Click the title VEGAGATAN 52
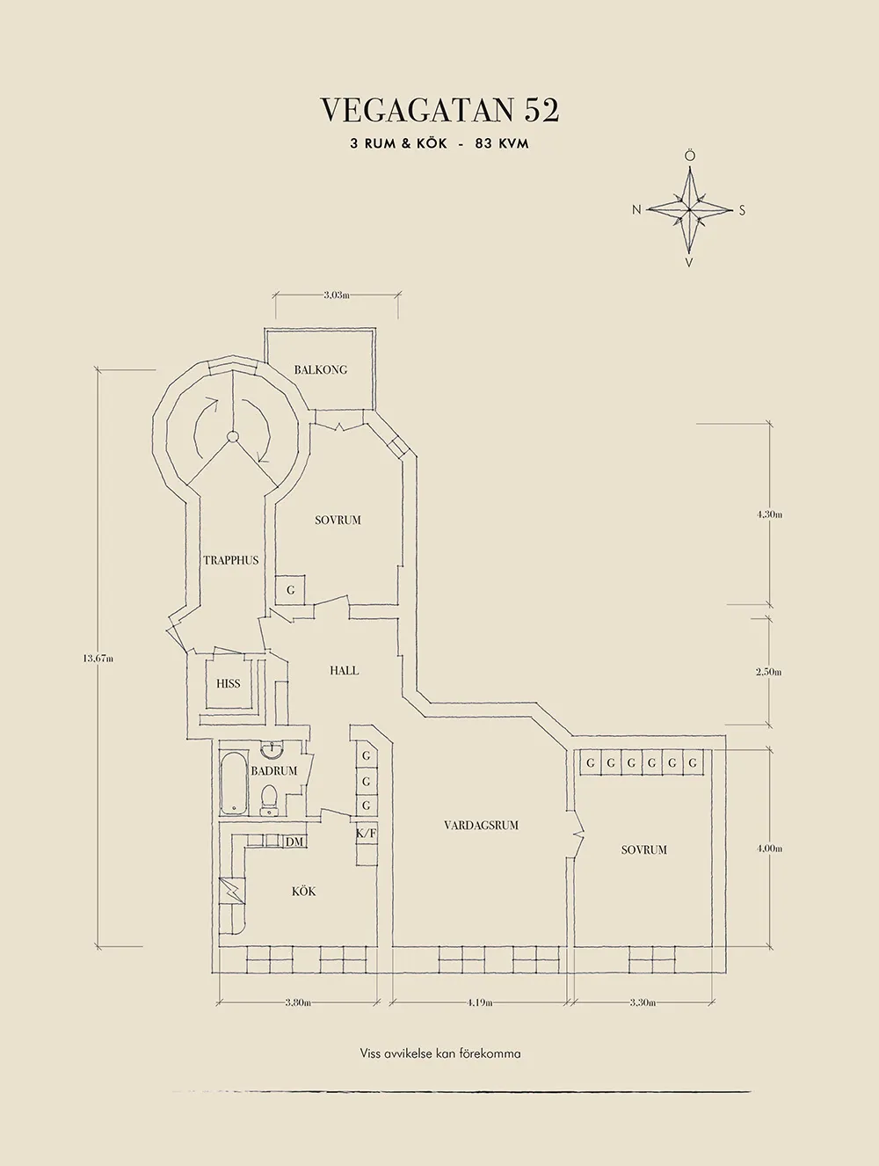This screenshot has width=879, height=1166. coord(439,110)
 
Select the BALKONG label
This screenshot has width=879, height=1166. coord(321,369)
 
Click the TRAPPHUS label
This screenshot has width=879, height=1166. coord(231,560)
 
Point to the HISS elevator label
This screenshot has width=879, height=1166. coord(228,683)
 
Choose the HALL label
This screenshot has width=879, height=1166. coord(344,670)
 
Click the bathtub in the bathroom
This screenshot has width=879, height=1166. coord(233,783)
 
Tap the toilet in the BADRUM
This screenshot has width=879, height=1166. coord(271,799)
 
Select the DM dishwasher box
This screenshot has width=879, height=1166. coord(294,842)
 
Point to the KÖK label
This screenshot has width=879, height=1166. coord(303,892)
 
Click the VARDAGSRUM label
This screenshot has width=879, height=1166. coord(481,825)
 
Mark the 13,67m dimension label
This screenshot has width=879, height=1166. coord(98,658)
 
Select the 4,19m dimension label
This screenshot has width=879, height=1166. coord(479,1002)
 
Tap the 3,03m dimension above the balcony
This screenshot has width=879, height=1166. coord(336,295)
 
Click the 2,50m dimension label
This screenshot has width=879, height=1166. coord(768,672)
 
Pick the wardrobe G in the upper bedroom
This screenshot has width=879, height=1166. coord(291,590)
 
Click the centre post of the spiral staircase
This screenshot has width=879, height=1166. coord(233,437)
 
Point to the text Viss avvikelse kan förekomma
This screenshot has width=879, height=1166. coord(439,1053)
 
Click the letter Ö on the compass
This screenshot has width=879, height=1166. coord(690,156)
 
